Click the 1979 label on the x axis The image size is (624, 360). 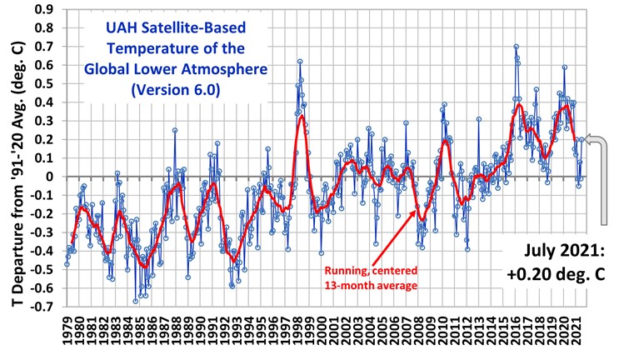[67, 333]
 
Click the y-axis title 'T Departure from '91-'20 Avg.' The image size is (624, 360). [15, 167]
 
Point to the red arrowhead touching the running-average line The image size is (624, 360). [419, 212]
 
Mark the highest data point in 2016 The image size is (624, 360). [516, 47]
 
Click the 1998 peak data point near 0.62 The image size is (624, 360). [299, 61]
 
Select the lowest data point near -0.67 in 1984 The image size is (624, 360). [136, 301]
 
